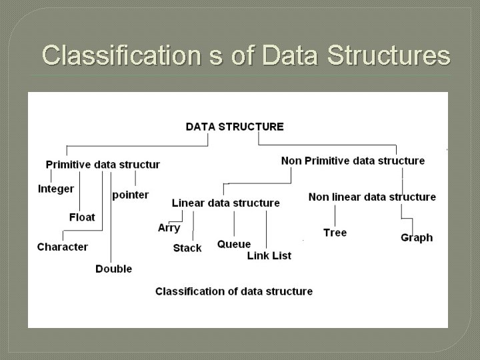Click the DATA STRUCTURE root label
234,127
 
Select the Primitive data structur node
103,165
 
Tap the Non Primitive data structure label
353,161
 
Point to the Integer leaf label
56,189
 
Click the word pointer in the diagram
131,195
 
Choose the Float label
82,217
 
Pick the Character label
63,247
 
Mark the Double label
113,269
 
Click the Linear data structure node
225,203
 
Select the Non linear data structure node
372,197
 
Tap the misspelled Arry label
169,228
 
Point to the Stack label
187,248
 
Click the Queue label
234,244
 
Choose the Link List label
269,255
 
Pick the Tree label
335,233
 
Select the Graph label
417,237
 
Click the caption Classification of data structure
234,291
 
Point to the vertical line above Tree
335,215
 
